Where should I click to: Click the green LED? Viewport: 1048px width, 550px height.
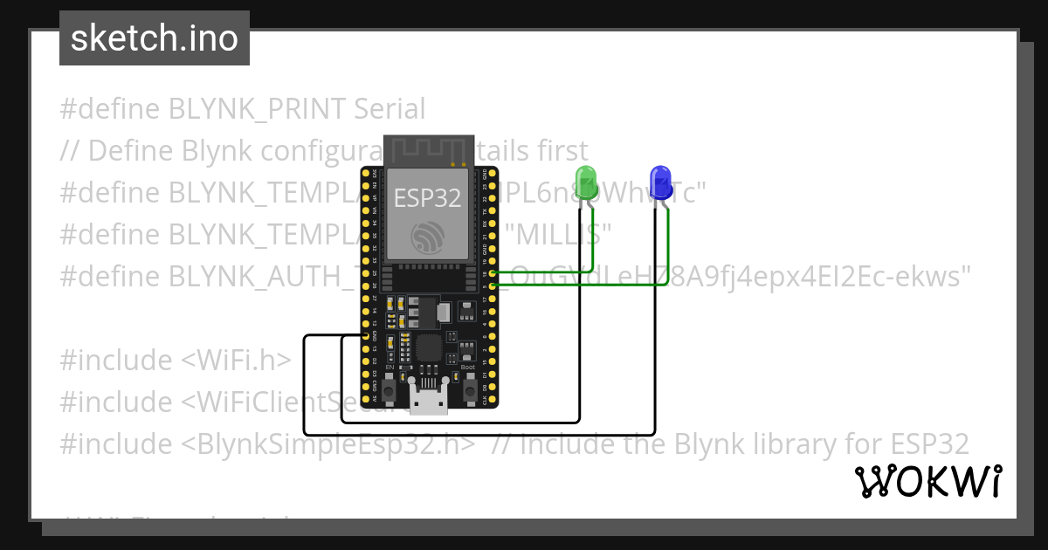[x=585, y=181]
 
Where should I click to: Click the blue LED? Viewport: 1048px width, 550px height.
[x=660, y=181]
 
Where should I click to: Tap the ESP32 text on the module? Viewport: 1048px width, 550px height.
[x=427, y=198]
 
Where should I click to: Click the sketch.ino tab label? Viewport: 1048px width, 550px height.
[x=155, y=38]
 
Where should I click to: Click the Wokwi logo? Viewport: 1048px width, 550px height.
[x=927, y=481]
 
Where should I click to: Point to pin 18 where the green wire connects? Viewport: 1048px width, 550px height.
[x=494, y=273]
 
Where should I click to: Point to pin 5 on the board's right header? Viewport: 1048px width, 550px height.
[x=494, y=285]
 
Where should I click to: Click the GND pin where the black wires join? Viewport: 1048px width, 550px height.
[x=366, y=335]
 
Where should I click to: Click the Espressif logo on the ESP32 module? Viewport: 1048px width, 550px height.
[x=428, y=236]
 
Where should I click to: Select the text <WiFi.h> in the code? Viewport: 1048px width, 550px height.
[x=236, y=360]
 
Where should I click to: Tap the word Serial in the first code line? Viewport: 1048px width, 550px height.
[x=390, y=109]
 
